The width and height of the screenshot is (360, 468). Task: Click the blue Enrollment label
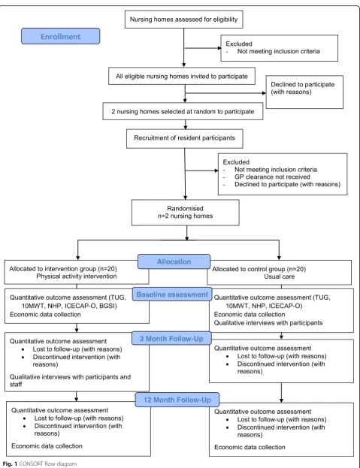(x=60, y=36)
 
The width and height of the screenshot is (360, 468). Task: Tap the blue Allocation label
(x=174, y=261)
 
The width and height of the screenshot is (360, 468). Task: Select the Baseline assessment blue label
(x=172, y=294)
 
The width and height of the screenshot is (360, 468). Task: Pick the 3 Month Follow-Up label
(x=171, y=339)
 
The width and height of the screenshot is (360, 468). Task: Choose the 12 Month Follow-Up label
(x=177, y=400)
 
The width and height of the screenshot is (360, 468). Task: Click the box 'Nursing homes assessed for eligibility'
(x=184, y=20)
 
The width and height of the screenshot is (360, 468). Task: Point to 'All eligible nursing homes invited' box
(x=182, y=76)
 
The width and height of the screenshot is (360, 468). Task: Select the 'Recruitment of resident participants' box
(x=184, y=138)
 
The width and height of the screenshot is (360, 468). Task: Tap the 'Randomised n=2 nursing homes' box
(x=186, y=212)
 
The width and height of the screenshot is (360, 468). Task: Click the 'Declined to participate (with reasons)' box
(x=304, y=92)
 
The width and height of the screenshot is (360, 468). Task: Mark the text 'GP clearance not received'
(x=272, y=177)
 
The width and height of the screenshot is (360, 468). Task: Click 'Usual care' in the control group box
(x=279, y=276)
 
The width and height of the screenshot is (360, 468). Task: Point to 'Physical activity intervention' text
(x=77, y=276)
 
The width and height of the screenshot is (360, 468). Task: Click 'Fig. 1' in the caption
(x=11, y=463)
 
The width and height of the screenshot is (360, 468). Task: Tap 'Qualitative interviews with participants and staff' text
(x=70, y=381)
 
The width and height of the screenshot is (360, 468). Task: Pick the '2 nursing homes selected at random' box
(x=183, y=111)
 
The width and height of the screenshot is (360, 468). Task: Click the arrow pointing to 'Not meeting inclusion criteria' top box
(x=203, y=48)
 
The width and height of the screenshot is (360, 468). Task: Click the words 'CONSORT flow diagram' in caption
(x=48, y=463)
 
